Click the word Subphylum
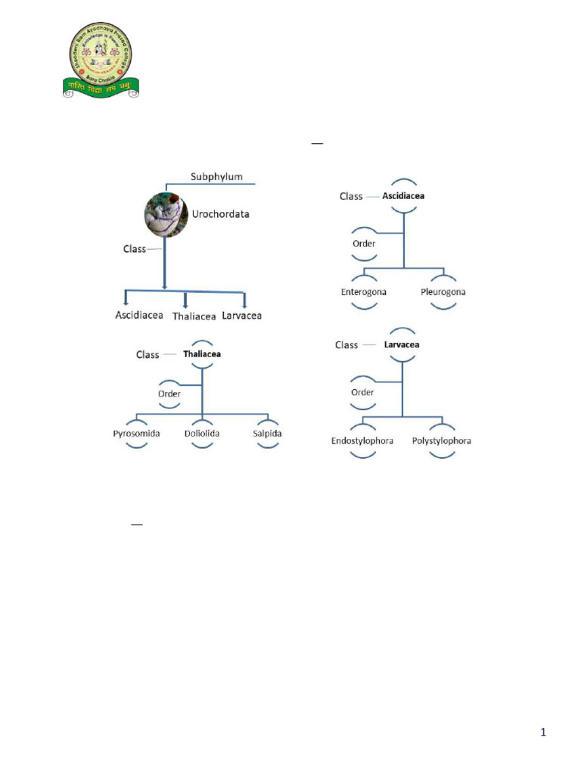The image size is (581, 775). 216,176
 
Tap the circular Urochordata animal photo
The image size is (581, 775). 166,215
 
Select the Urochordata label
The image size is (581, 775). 221,214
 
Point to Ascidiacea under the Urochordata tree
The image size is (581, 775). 139,315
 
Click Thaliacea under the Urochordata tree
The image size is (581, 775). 194,316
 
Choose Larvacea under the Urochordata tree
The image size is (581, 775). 242,315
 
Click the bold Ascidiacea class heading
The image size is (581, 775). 403,195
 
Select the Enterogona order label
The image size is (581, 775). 364,291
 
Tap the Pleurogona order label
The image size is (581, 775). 444,291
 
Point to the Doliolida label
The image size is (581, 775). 201,434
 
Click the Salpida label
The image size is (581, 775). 267,434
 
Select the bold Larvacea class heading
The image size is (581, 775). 402,344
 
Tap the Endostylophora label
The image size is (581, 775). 362,440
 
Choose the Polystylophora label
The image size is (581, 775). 442,440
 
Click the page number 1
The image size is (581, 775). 543,732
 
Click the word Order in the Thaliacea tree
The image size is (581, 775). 169,394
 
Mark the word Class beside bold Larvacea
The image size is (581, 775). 346,345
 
